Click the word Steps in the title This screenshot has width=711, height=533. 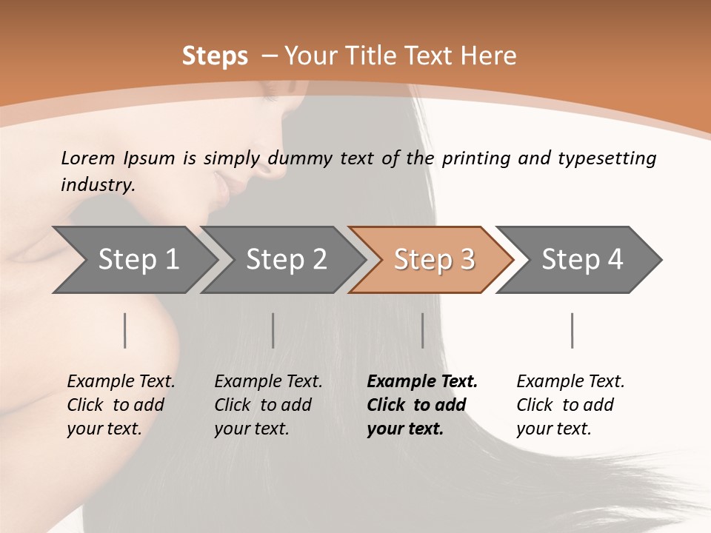215,56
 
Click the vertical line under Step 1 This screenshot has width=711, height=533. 125,330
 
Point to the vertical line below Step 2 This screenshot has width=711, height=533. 273,330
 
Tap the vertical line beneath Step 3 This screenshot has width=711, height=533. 422,330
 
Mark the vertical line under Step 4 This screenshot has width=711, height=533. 573,330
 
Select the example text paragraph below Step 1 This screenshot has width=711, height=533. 121,405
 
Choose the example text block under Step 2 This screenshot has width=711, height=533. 268,405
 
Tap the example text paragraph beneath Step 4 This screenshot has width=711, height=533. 570,405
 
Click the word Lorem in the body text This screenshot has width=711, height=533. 88,158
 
